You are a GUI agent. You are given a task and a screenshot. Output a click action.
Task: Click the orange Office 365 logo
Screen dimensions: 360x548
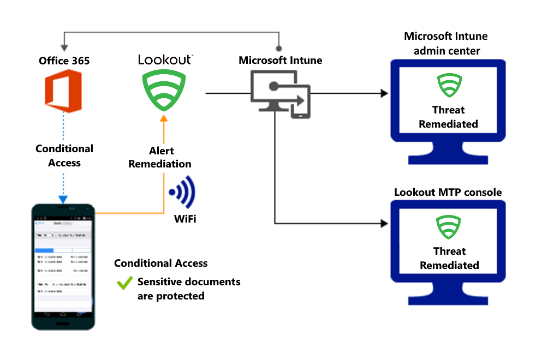(x=64, y=91)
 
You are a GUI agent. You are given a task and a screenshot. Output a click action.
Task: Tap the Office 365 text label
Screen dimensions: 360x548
(x=64, y=61)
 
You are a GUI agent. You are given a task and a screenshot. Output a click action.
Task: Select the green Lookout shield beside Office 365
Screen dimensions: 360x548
(x=164, y=92)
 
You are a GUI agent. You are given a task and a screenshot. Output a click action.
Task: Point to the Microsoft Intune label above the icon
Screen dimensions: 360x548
(x=280, y=60)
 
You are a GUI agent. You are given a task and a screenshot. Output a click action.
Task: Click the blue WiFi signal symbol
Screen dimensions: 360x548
(x=182, y=193)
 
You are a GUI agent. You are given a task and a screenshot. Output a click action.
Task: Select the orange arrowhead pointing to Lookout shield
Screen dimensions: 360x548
(x=163, y=119)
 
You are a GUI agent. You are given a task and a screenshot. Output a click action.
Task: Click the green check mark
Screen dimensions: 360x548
(x=125, y=283)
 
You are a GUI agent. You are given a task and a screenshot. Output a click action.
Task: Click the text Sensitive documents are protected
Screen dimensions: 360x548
(x=188, y=289)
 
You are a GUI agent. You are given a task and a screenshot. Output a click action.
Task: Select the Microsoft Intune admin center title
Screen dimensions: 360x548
(x=446, y=44)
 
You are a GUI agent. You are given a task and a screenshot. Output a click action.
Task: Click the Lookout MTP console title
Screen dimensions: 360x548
(x=448, y=192)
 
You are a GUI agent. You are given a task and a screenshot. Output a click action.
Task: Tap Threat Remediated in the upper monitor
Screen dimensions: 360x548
(x=448, y=117)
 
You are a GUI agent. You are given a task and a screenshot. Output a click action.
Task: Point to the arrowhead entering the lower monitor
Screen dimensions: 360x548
(x=384, y=223)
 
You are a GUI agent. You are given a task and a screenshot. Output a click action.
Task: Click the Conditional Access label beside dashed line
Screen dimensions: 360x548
(x=64, y=155)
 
